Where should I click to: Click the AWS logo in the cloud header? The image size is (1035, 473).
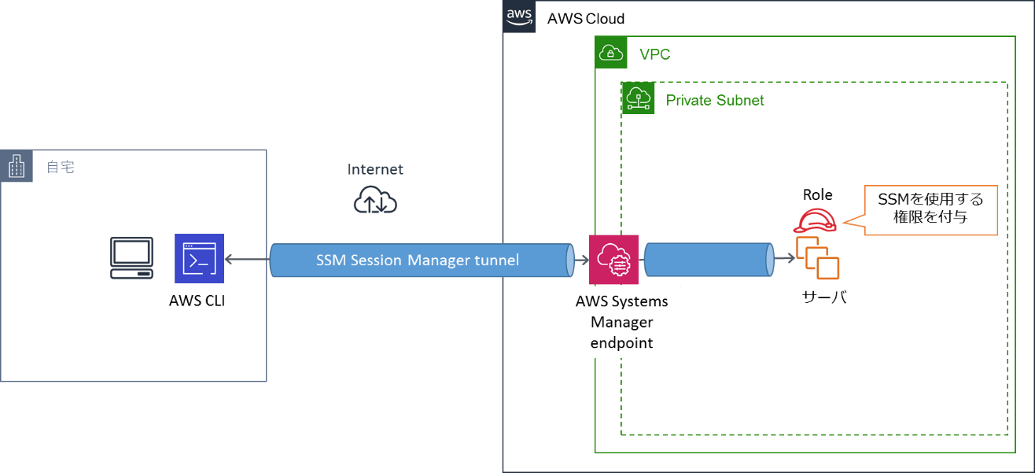coord(519,17)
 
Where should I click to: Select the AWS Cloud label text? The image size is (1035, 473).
coord(586,19)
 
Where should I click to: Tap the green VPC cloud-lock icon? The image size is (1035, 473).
coord(611,53)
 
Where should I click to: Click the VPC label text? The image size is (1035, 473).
coord(654,55)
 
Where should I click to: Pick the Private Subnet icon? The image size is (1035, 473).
coord(638,99)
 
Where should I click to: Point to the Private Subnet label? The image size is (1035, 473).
coord(714,101)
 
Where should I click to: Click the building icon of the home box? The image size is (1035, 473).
coord(17,166)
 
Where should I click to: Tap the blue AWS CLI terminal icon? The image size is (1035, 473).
coord(199,257)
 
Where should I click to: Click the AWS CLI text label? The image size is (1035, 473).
coord(197,300)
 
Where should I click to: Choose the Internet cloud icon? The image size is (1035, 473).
coord(375,200)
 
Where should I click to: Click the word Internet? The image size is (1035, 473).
coord(375,169)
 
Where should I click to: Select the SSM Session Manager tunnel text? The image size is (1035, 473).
coord(418,260)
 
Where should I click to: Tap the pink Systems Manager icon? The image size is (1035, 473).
coord(613,259)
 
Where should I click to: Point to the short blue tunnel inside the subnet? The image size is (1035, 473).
coord(706,260)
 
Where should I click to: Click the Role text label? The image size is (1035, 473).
coord(818,194)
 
